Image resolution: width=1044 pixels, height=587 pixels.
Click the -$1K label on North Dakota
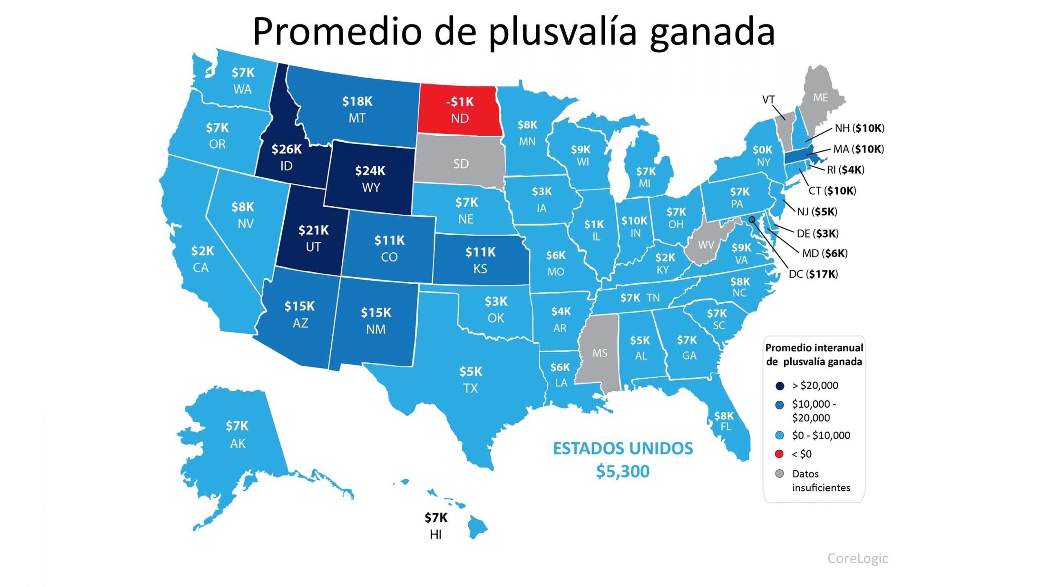coord(460,102)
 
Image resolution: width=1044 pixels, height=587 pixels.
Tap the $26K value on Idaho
coord(287,149)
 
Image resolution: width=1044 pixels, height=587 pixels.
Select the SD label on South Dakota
coord(461,164)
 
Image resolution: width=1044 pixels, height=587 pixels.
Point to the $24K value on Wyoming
coord(370,171)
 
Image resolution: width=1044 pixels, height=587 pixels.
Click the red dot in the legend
coord(779,454)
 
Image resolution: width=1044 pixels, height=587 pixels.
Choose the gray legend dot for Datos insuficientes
coord(779,474)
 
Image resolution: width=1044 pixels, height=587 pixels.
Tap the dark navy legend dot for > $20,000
coord(779,386)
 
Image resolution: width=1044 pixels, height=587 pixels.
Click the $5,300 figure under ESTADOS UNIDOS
coord(622,472)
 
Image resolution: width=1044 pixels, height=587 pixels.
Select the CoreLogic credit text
coord(857,558)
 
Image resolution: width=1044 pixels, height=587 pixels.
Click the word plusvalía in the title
coord(563,33)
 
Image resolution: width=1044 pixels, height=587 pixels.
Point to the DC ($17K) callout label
coord(813,274)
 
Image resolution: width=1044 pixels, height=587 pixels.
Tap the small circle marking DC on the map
coord(752,220)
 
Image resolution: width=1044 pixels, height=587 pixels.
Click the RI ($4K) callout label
coord(845,170)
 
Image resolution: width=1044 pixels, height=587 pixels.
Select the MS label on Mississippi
coord(599,353)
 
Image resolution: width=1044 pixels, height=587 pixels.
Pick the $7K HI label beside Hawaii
coord(436,518)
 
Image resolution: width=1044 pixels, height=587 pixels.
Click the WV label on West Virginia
coord(706,245)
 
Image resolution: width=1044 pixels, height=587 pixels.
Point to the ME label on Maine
coord(820,98)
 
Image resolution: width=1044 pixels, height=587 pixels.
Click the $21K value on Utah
coord(313,230)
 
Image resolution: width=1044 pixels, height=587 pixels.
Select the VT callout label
coord(768,99)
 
